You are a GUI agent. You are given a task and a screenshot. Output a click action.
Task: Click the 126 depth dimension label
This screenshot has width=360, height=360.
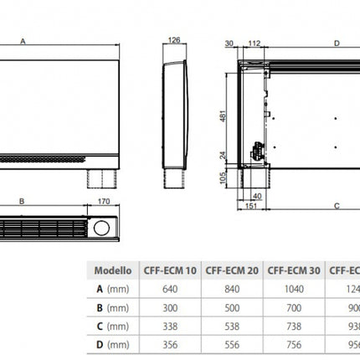click(x=174, y=39)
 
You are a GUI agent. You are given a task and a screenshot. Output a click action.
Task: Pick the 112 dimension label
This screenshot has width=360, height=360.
click(x=255, y=42)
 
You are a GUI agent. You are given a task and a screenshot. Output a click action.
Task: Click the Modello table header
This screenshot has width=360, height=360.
click(x=112, y=270)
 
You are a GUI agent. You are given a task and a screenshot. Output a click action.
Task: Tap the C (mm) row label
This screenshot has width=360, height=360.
click(x=112, y=325)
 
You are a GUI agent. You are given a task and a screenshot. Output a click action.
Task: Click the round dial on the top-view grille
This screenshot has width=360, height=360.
click(x=102, y=228)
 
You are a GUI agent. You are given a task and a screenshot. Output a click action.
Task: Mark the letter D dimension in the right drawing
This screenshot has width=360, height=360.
click(x=337, y=42)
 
